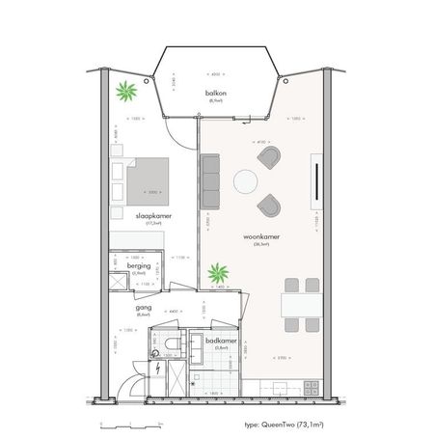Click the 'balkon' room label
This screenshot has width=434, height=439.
(215, 93)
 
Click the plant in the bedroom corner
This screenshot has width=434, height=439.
(124, 94)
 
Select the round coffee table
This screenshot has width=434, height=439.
(247, 180)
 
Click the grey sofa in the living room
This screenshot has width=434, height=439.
(211, 180)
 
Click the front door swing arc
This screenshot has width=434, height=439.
(123, 386)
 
